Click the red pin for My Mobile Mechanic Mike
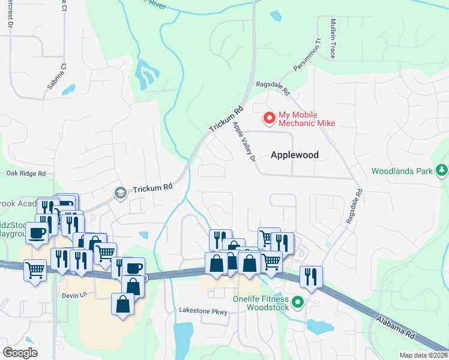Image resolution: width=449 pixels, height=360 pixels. click(x=270, y=118)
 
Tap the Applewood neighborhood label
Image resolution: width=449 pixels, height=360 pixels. click(x=294, y=155)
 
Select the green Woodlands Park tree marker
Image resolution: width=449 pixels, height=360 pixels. click(x=442, y=170)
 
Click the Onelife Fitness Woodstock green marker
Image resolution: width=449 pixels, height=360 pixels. click(x=297, y=302)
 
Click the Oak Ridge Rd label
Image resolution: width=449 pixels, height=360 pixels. click(x=26, y=173)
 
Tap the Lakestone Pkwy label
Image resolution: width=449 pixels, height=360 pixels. click(x=203, y=311)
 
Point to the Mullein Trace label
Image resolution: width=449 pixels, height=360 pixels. click(x=333, y=38)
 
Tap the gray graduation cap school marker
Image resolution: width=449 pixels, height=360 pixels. click(x=120, y=193)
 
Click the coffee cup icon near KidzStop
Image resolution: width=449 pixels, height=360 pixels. click(x=37, y=233)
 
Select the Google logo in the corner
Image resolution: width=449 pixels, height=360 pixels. click(x=20, y=352)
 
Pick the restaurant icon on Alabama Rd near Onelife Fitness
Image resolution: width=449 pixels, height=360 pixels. click(x=310, y=276)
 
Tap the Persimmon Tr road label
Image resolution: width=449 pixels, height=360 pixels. click(x=304, y=56)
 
